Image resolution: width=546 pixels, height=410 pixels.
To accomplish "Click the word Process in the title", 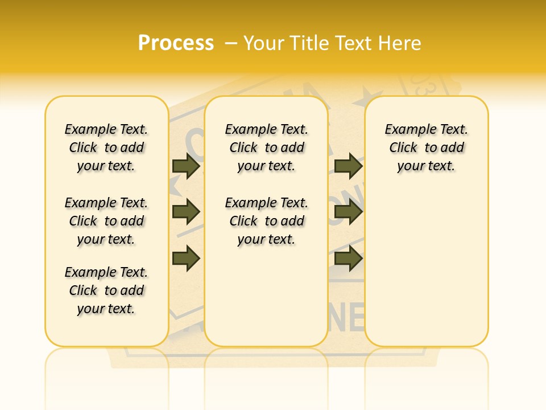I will [x=176, y=43].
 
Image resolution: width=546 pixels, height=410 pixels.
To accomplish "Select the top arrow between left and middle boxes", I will [x=186, y=166].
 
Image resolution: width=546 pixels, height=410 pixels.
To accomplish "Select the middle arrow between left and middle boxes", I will [x=186, y=212].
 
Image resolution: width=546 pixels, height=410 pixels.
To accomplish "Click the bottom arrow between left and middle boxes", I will [x=186, y=258].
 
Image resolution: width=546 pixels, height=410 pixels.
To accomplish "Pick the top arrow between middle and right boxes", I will [x=348, y=166].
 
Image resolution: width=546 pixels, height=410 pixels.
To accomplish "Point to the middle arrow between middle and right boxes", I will [x=348, y=212].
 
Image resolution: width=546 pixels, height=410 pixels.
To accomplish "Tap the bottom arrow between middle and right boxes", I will [x=348, y=258].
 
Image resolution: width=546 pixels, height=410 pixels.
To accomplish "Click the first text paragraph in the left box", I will [x=106, y=147].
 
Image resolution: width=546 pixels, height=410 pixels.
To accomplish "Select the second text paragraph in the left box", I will [x=106, y=221].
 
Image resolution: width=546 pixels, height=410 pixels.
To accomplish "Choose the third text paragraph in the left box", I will [x=106, y=290].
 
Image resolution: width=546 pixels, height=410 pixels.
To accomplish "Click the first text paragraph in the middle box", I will [x=267, y=147].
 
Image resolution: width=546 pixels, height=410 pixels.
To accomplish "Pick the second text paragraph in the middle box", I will [x=267, y=221].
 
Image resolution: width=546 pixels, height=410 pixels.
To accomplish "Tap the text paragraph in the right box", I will [x=427, y=147].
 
